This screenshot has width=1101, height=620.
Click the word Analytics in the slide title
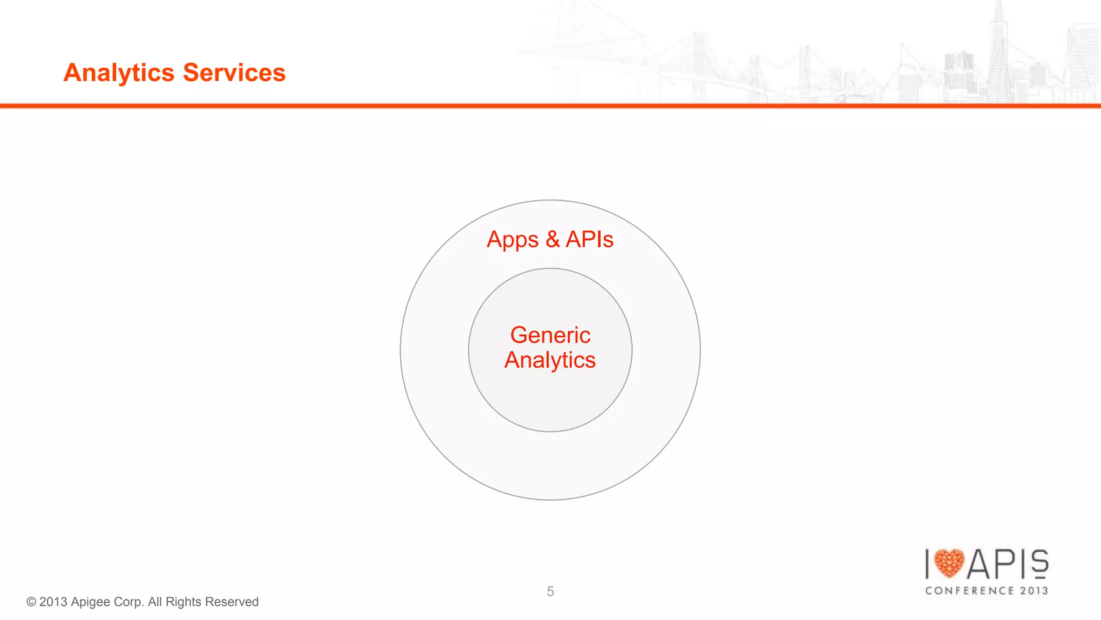(x=119, y=73)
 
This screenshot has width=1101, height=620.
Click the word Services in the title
(x=234, y=73)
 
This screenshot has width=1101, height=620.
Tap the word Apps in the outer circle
(x=512, y=240)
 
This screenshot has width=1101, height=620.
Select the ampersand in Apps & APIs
(x=553, y=239)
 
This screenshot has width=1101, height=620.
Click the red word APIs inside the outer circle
(x=590, y=239)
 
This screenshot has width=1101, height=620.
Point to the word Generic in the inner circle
(x=550, y=335)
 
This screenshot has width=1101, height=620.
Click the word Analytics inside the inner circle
(x=550, y=360)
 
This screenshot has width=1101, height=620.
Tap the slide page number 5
(x=550, y=592)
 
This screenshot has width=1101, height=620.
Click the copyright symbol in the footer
(x=31, y=602)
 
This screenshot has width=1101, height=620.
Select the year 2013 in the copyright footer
(x=53, y=602)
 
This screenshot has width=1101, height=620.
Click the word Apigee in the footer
(x=90, y=602)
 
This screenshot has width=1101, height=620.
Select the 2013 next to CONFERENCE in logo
(x=1034, y=590)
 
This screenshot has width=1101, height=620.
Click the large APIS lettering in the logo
(x=1008, y=564)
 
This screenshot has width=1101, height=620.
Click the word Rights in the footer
(x=183, y=602)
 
